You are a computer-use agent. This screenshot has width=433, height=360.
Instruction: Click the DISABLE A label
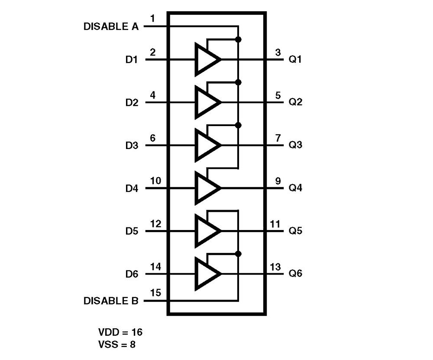click(x=111, y=27)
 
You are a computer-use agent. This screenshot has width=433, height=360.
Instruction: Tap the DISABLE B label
click(x=111, y=301)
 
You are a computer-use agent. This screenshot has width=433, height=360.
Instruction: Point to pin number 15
click(x=155, y=293)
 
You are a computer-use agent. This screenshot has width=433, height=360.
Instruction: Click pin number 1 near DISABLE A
click(x=152, y=18)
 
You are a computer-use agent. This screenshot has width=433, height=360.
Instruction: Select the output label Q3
click(x=295, y=145)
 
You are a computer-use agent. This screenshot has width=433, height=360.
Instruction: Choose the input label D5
click(x=132, y=231)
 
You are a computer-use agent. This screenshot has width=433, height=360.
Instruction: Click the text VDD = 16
click(x=120, y=333)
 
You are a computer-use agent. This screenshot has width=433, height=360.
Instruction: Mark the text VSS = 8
click(x=117, y=345)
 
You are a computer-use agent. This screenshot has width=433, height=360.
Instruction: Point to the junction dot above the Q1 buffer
click(x=238, y=39)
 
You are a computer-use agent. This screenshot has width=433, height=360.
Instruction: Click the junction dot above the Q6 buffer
click(x=238, y=253)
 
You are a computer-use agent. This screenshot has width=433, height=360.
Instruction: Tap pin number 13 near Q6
click(x=275, y=266)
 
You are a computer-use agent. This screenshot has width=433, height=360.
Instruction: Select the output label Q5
click(x=295, y=231)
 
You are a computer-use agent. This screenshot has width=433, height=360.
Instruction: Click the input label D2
click(x=132, y=103)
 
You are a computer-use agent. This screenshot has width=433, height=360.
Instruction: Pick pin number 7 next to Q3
click(x=278, y=138)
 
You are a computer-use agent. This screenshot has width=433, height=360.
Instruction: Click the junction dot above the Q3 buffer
click(x=238, y=125)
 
